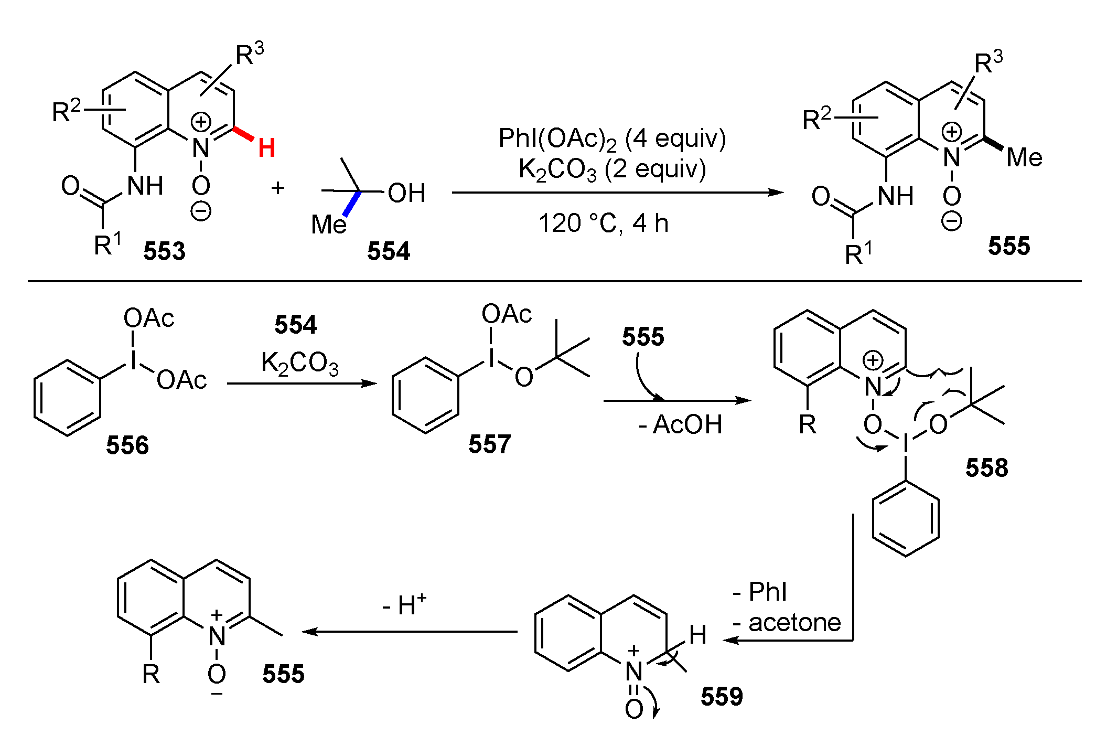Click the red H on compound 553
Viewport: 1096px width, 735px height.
pos(266,148)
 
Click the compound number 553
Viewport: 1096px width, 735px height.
pos(164,251)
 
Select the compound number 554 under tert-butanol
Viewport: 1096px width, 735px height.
pos(388,251)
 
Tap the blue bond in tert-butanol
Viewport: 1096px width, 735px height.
pos(352,204)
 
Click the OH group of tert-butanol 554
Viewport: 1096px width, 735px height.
pos(406,193)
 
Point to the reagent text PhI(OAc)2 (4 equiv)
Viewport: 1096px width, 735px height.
pos(611,139)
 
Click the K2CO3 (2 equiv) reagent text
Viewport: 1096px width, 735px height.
pos(611,169)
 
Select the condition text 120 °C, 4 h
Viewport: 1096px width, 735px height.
pos(603,223)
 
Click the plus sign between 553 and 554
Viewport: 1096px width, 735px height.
pos(277,188)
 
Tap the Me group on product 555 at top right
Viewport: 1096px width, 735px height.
pos(1024,157)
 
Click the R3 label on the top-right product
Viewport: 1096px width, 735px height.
pos(988,63)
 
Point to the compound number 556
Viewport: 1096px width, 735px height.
pos(127,445)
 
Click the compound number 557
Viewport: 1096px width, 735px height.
pos(489,444)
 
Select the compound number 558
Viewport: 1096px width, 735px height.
pos(986,467)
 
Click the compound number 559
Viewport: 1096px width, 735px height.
pos(722,697)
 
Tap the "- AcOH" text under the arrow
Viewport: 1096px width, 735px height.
pos(680,424)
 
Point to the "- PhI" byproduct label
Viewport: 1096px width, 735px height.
pos(760,592)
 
